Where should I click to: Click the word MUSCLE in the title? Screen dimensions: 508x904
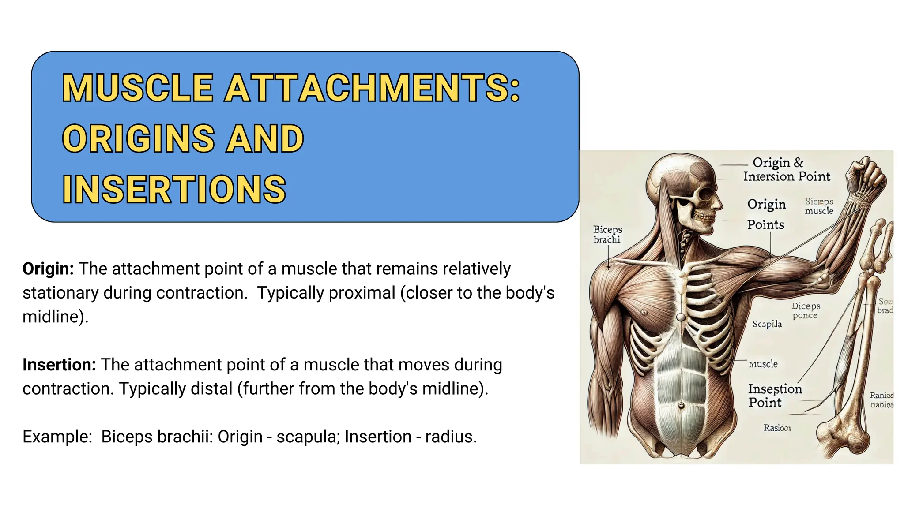(x=138, y=88)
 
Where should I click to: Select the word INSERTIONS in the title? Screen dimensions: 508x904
(x=174, y=189)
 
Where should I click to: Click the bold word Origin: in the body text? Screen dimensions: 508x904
(x=48, y=269)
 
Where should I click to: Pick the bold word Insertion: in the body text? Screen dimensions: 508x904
(x=59, y=365)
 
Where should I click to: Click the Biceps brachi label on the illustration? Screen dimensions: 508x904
(x=607, y=234)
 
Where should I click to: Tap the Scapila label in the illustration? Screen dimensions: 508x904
(x=767, y=324)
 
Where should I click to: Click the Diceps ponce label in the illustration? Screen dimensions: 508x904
(x=806, y=310)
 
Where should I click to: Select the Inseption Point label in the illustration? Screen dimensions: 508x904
(x=774, y=396)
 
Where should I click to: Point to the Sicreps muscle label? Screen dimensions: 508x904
(x=819, y=206)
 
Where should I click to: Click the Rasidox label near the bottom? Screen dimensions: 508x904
(x=777, y=428)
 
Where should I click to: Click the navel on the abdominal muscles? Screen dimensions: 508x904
(x=681, y=405)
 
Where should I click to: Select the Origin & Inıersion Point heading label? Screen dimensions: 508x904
(x=786, y=169)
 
